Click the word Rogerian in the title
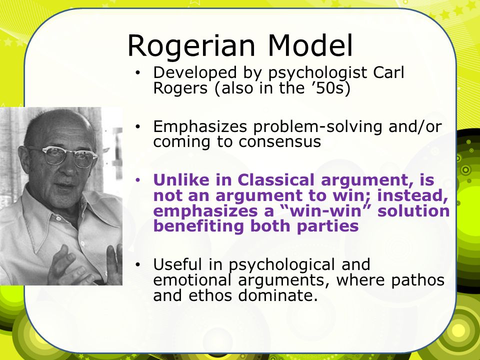coord(191,46)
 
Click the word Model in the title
coord(310,45)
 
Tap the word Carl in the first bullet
coord(388,72)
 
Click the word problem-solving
coord(318,127)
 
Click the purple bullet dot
coord(138,180)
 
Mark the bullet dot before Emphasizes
coord(138,126)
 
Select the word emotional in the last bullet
coord(192,280)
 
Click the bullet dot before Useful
coord(138,264)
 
